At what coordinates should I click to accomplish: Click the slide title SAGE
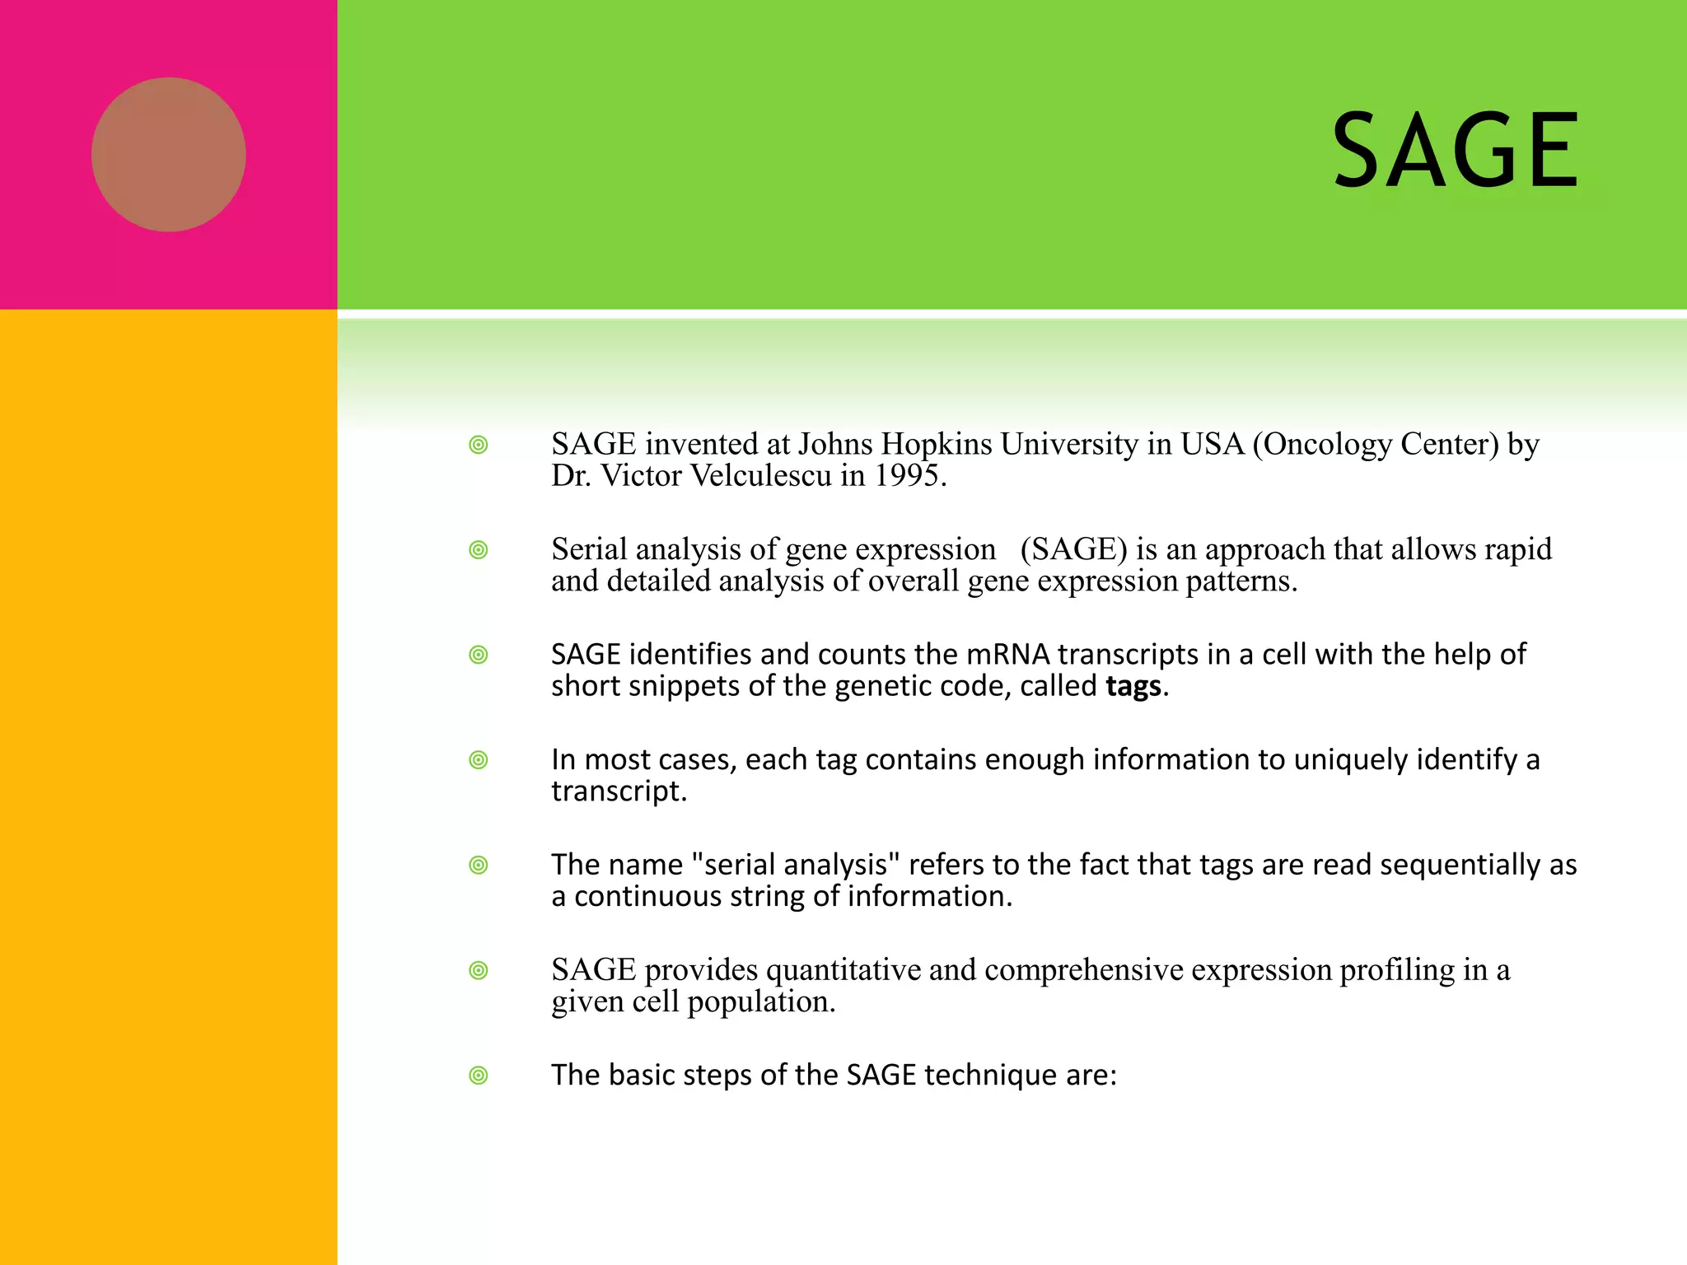point(1455,152)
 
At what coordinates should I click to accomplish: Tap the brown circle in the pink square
point(169,155)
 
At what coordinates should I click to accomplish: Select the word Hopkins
point(937,445)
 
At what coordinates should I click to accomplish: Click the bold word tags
point(1133,686)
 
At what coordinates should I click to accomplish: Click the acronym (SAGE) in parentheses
point(1073,549)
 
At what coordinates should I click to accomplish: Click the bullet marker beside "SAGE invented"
point(479,446)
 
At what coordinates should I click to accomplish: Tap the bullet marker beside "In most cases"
point(479,760)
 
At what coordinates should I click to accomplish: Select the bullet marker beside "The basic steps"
point(479,1076)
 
